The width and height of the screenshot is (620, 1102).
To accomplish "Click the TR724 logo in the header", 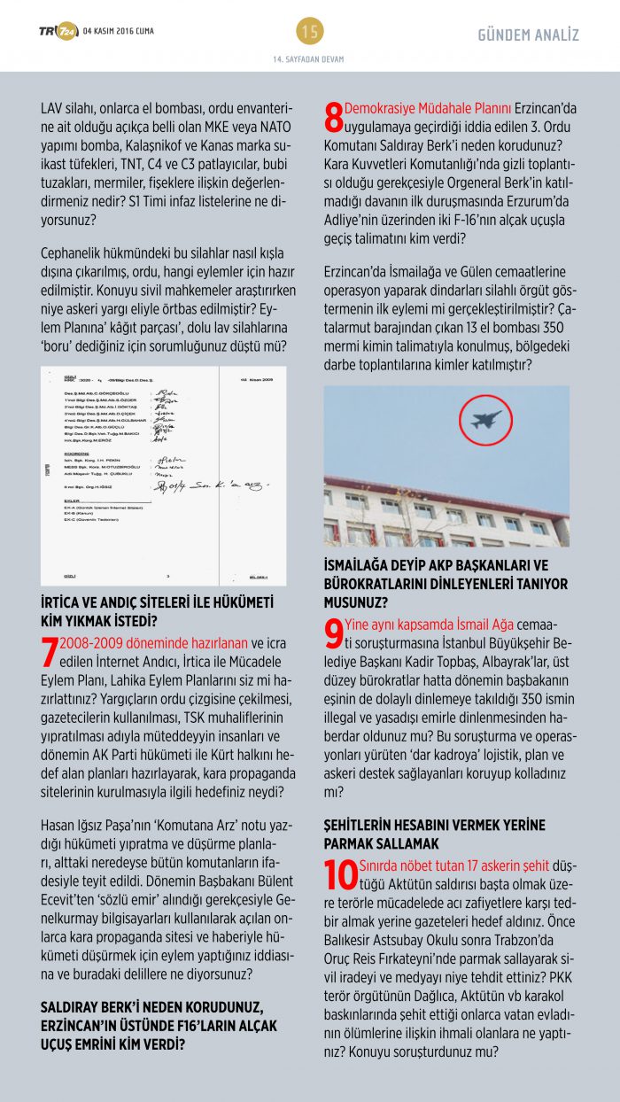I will pos(58,32).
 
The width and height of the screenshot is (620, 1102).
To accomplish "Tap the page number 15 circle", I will pos(310,32).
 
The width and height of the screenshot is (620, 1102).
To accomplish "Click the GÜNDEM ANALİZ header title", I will pos(528,35).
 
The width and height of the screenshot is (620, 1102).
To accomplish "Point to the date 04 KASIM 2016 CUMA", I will pos(118,32).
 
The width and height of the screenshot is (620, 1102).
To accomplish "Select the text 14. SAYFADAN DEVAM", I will pos(309,59).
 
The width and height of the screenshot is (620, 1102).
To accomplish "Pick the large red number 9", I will pos(333,633).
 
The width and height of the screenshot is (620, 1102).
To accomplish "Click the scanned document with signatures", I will pos(164,475).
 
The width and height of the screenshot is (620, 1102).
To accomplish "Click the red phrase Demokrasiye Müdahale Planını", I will pos(428,109).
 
